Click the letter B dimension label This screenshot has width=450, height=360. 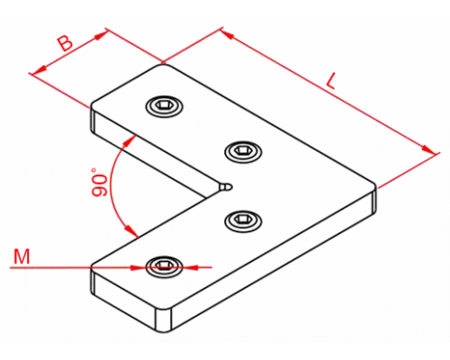point(66,43)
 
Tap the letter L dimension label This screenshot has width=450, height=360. point(330,81)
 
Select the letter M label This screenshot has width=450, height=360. point(22,256)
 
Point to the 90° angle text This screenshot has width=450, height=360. point(99,183)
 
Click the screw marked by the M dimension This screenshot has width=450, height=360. point(164,265)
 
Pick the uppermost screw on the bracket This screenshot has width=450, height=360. point(165,106)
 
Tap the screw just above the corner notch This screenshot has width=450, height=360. point(243,150)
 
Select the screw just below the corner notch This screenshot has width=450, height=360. point(243,220)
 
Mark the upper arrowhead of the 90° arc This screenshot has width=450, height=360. point(129,140)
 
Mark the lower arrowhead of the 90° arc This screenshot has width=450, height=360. point(131,231)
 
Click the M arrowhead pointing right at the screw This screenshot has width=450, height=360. point(138,267)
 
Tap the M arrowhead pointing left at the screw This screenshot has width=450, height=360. point(190,266)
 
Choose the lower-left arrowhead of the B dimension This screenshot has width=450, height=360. point(40,69)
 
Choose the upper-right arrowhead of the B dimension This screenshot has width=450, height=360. point(101,34)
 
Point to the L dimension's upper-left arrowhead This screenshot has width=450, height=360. point(228,34)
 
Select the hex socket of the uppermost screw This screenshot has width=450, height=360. point(164,105)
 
